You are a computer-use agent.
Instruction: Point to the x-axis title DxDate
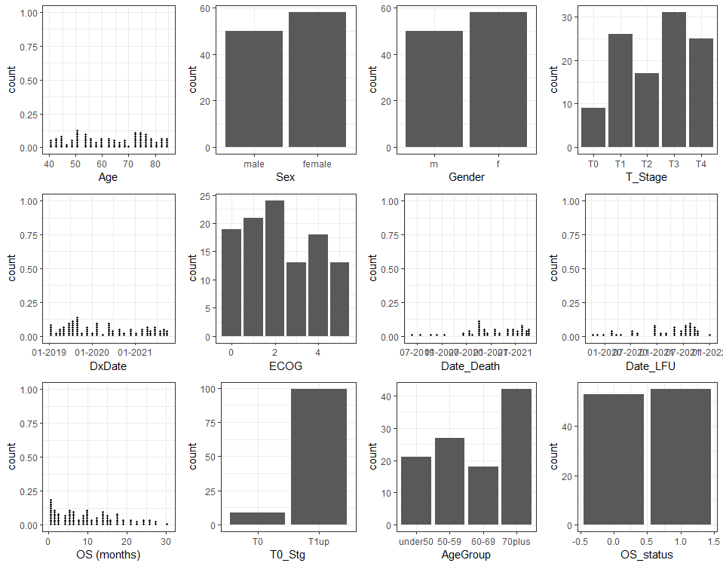109,366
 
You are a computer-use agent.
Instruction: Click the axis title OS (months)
109,555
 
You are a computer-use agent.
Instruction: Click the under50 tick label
416,540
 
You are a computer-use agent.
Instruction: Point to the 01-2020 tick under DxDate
93,352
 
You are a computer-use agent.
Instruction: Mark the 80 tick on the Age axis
155,164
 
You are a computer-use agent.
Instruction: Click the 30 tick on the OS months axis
167,540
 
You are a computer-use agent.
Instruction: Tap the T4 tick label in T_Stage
701,164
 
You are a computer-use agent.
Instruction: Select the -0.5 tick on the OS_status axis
581,540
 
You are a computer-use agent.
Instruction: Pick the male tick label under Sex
253,164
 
